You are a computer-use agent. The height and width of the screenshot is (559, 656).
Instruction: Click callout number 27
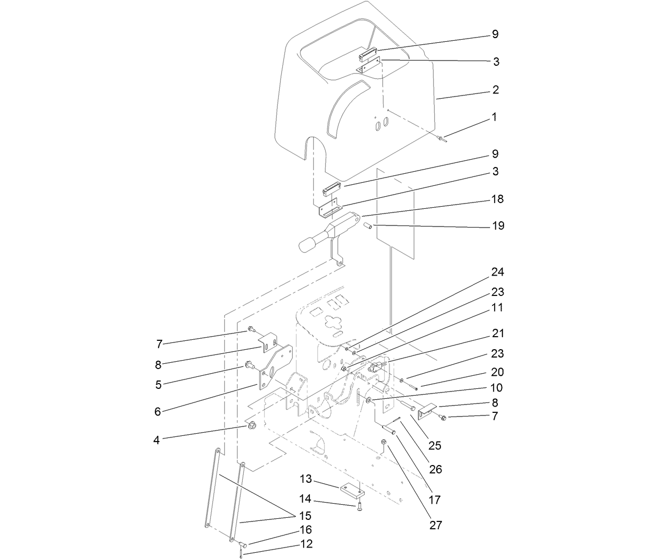[x=435, y=525]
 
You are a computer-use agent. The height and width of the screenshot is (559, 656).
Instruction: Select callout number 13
[x=305, y=479]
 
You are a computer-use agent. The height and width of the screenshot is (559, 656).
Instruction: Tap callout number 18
[x=497, y=199]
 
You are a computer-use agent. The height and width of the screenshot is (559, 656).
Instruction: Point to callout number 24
[x=497, y=272]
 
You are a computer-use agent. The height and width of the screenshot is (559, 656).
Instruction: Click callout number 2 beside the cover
[x=495, y=90]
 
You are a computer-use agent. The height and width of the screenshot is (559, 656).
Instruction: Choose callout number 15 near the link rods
[x=305, y=516]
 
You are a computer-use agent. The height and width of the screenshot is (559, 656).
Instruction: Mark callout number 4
[x=156, y=440]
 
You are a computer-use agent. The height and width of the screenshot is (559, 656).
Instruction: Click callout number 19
[x=498, y=226]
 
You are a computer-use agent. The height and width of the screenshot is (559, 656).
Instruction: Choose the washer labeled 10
[x=369, y=400]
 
